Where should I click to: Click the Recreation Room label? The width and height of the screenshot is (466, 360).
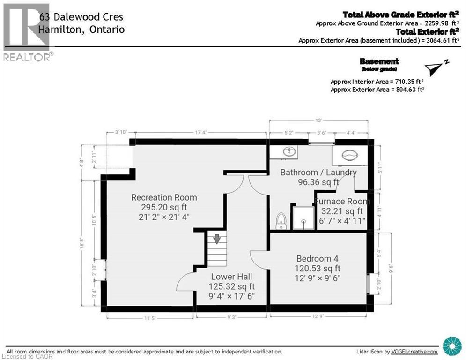[164, 197]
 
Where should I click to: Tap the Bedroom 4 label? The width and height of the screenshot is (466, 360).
[317, 259]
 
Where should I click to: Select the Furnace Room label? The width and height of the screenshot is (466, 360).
[341, 202]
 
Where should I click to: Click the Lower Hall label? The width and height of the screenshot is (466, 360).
[232, 277]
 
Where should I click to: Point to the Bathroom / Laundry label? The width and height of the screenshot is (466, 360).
[318, 172]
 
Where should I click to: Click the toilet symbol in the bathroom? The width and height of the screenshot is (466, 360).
[281, 221]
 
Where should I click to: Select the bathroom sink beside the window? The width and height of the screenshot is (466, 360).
[289, 151]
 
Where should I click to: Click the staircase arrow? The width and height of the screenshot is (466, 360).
[217, 239]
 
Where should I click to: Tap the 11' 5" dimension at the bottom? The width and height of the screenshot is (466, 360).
[150, 318]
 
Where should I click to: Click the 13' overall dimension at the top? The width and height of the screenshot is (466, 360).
[318, 120]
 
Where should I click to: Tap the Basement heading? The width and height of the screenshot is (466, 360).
[379, 61]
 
